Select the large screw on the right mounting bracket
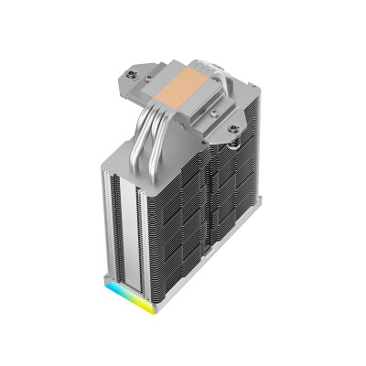[x=234, y=129]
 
